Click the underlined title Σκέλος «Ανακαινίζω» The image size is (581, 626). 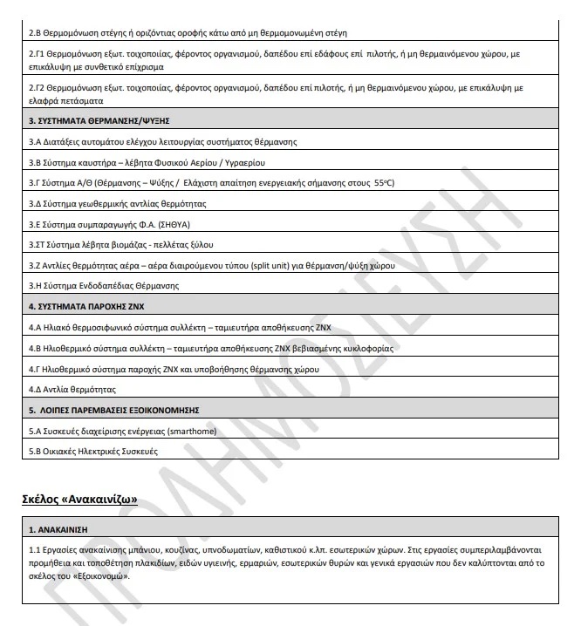(80, 499)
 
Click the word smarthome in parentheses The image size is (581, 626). (187, 431)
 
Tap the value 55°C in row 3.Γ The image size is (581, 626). (384, 182)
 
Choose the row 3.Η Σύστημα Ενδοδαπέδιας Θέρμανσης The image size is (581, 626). (104, 285)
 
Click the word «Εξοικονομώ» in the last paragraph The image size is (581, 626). (100, 576)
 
